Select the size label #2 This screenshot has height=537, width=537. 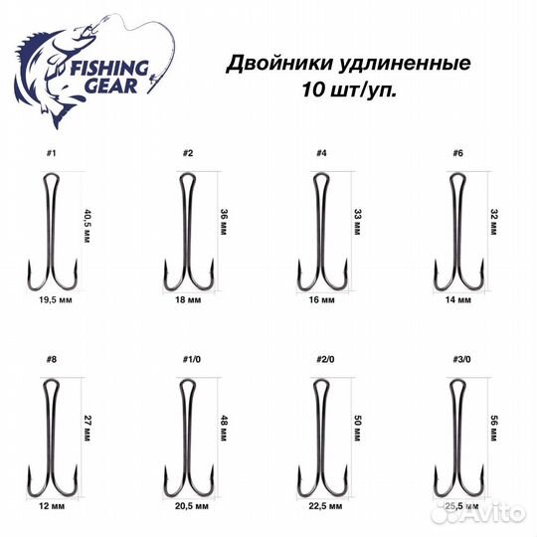click(186, 154)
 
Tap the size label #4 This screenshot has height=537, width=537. click(320, 154)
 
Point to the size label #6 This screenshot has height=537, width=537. click(456, 154)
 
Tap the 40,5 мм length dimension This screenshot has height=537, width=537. click(87, 227)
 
